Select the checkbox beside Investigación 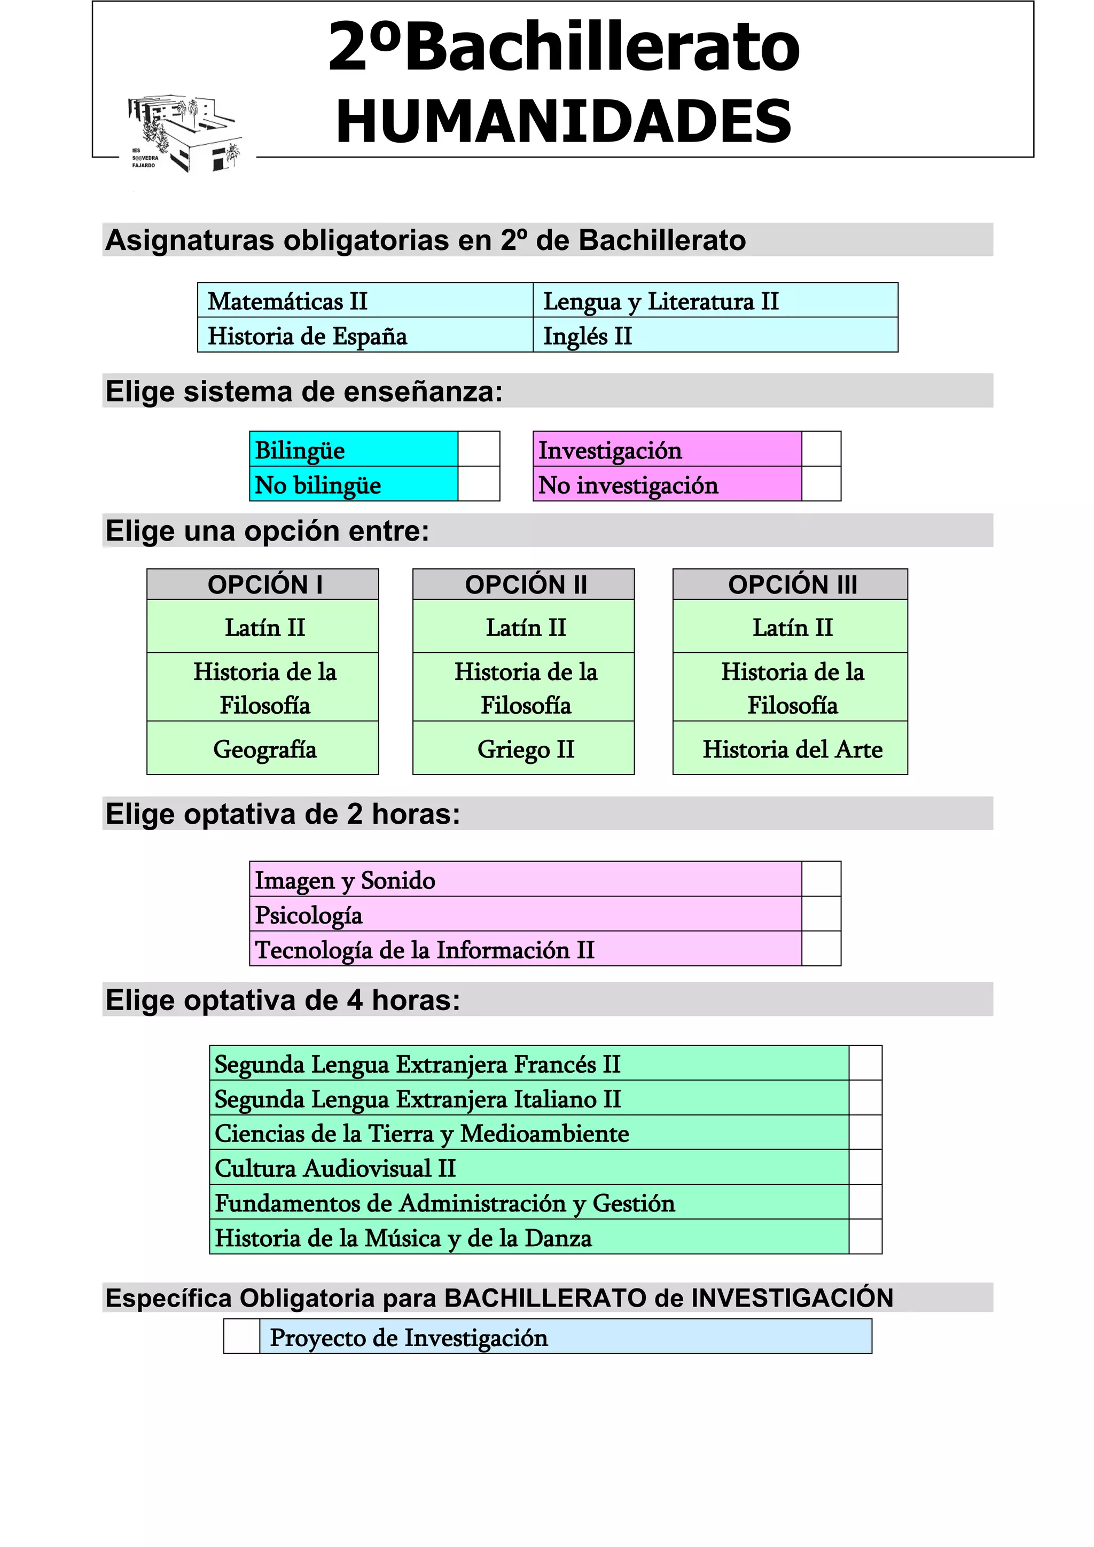click(820, 449)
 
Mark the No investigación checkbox click(820, 484)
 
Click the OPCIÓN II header click(523, 584)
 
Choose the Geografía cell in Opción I click(263, 748)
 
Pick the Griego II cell click(523, 748)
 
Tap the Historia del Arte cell click(790, 748)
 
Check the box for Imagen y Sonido click(820, 879)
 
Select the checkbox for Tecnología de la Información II click(820, 949)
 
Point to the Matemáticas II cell click(365, 301)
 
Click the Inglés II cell click(715, 335)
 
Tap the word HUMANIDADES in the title click(563, 121)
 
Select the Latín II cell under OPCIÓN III click(790, 627)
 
